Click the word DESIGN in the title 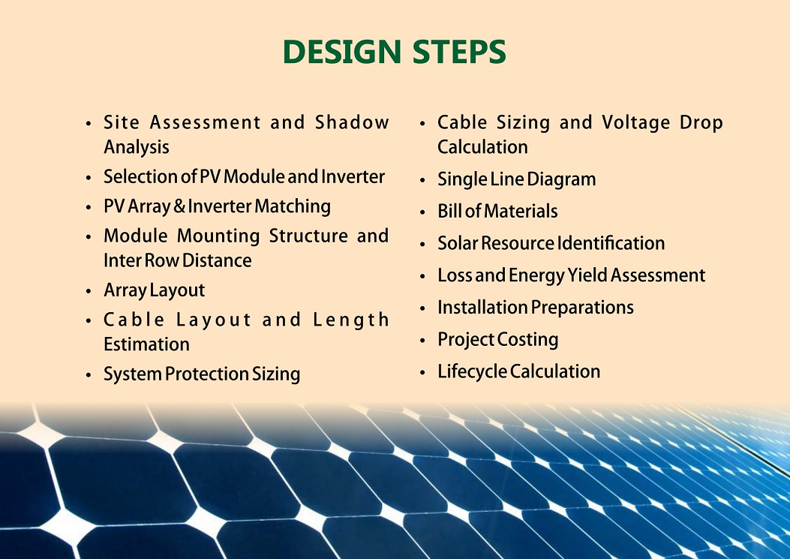[x=342, y=52]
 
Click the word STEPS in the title [x=459, y=52]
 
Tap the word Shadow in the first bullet [x=352, y=122]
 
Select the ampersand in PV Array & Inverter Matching [x=179, y=206]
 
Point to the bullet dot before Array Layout [x=89, y=291]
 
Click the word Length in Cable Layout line [x=351, y=320]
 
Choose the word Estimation [x=146, y=344]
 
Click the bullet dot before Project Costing [x=422, y=341]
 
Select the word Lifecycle [x=472, y=372]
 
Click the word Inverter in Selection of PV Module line [x=353, y=176]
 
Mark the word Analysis [x=137, y=148]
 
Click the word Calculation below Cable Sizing [x=482, y=147]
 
